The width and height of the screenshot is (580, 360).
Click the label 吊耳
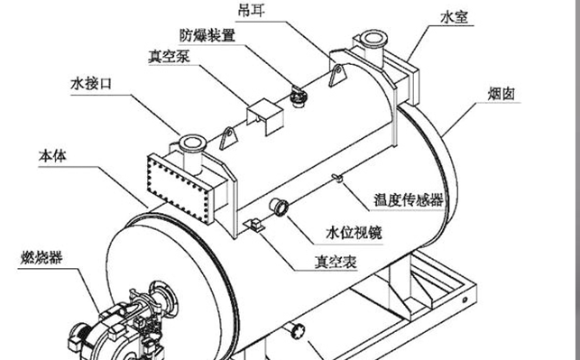[251, 10]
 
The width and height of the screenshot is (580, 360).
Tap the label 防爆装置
[207, 35]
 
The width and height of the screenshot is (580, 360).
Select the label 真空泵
[169, 57]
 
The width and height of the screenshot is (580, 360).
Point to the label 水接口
[91, 84]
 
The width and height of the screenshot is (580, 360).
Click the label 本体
[52, 156]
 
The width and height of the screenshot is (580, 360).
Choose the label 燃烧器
[41, 258]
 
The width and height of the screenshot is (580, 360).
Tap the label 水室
[455, 17]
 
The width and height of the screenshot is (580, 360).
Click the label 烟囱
[502, 94]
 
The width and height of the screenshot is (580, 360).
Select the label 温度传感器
[409, 200]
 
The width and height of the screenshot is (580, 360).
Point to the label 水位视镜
[354, 233]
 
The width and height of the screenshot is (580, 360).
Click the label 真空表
[336, 262]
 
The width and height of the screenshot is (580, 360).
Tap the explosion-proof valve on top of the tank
[299, 97]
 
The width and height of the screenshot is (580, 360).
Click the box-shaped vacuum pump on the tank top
[265, 115]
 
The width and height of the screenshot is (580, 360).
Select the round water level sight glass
[280, 207]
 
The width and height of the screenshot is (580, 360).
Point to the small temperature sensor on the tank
[337, 178]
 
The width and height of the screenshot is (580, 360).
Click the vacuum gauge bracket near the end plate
[254, 226]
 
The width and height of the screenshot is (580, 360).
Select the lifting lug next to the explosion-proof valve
[337, 76]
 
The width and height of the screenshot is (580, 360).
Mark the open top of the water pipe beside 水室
[373, 38]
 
